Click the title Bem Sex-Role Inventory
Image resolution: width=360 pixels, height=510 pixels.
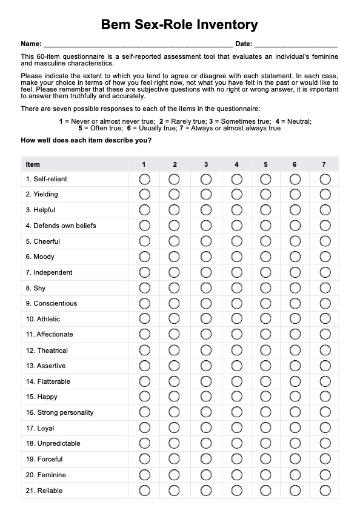point(179,25)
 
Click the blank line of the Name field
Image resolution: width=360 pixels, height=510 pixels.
point(138,45)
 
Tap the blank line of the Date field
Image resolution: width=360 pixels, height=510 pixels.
point(295,45)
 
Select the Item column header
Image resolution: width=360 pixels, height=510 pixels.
point(33,164)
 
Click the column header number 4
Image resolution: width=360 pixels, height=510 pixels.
point(236,164)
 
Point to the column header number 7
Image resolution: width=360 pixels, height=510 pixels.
point(324,164)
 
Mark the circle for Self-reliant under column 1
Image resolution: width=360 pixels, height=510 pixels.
point(144,180)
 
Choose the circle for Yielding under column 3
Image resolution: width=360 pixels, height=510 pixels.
point(206,195)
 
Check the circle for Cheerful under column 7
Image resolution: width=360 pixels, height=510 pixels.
point(325,241)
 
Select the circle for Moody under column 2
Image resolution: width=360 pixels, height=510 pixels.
point(175,257)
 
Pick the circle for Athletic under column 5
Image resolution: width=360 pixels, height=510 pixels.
point(265,319)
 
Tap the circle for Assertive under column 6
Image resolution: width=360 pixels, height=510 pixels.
point(295,366)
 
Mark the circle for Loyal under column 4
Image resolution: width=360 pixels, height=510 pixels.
point(236,428)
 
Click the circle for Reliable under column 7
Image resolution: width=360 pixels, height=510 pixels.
point(325,491)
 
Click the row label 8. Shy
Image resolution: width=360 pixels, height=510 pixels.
point(36,288)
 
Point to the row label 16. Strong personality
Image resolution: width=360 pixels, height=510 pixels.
point(59,412)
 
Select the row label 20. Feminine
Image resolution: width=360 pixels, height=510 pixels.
point(45,475)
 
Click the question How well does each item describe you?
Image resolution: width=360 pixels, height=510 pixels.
point(86,141)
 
